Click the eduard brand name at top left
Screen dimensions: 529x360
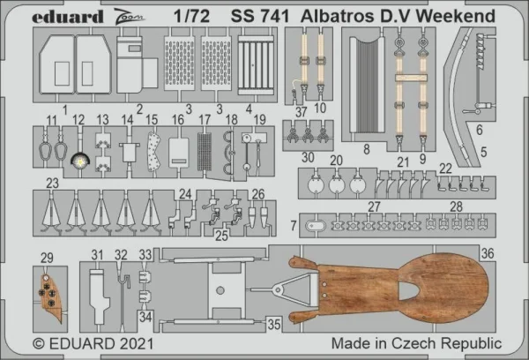click(68, 17)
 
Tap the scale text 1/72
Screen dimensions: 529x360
click(192, 16)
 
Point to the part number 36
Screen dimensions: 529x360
click(488, 253)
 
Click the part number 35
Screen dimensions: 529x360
click(274, 325)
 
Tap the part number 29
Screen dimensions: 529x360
click(47, 258)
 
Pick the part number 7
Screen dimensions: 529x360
click(294, 226)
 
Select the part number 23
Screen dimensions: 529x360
click(52, 184)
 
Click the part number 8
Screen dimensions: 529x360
click(367, 149)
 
